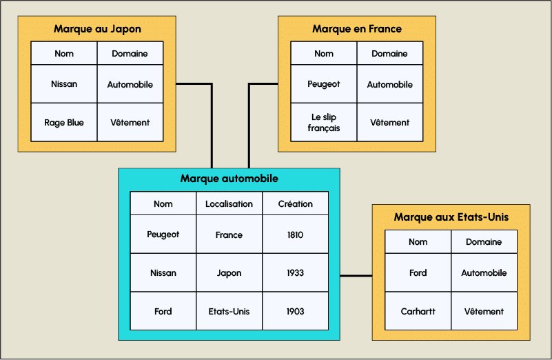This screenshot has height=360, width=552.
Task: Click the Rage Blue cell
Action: click(x=64, y=123)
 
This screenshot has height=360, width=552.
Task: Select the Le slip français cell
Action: click(x=324, y=123)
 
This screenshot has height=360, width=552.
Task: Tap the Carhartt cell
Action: click(x=418, y=312)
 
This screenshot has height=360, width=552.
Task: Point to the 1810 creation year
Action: click(x=295, y=234)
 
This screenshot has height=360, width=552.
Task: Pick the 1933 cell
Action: click(x=295, y=273)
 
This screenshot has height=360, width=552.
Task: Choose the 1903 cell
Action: click(x=295, y=312)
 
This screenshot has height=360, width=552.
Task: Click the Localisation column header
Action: click(x=229, y=204)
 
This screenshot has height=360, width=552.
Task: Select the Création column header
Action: click(x=295, y=204)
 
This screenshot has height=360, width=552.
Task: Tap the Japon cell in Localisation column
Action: click(x=229, y=273)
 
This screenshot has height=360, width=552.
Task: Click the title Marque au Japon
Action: click(x=97, y=29)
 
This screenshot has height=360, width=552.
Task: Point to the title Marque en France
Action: click(x=357, y=29)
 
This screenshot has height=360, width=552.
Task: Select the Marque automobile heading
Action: click(x=229, y=179)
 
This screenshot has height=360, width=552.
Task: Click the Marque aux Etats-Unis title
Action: click(x=451, y=217)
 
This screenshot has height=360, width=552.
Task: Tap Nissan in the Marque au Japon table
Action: click(x=64, y=84)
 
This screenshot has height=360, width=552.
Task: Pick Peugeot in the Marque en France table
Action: click(x=324, y=84)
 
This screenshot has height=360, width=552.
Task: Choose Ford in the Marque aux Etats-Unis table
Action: click(x=418, y=273)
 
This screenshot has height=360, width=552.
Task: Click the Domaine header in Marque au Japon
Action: click(x=130, y=54)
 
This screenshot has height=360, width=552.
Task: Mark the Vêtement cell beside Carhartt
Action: click(x=484, y=312)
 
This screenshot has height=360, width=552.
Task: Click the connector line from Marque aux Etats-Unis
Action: click(x=356, y=276)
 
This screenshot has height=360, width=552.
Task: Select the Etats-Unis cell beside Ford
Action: click(x=229, y=312)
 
